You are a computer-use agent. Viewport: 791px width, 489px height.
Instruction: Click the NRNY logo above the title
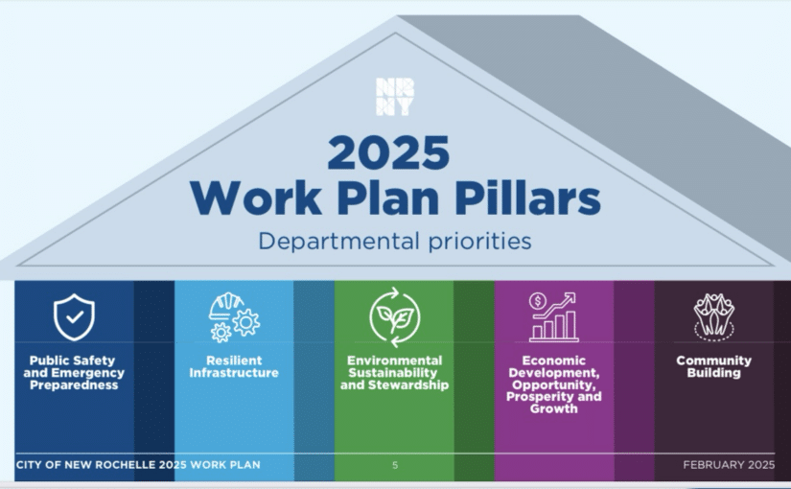[x=395, y=97]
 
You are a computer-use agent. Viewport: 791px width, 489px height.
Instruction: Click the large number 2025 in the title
[x=388, y=152]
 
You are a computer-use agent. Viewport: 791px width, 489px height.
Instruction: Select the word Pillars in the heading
[x=527, y=198]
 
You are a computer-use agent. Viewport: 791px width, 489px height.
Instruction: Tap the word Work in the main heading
[x=256, y=198]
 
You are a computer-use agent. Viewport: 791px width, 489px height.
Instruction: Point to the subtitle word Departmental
[x=339, y=242]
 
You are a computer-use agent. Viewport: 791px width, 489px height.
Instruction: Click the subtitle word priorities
[x=480, y=242]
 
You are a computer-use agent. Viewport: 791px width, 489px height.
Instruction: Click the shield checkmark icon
[x=74, y=317]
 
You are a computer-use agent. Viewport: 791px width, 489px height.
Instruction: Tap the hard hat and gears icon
[x=235, y=317]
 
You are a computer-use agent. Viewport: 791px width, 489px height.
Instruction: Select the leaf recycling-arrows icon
[x=394, y=317]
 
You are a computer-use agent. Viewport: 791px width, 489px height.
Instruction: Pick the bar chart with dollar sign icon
[x=554, y=317]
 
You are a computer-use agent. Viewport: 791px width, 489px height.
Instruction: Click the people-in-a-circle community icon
[x=713, y=317]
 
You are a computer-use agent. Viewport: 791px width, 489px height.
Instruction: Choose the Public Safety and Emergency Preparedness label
[x=74, y=373]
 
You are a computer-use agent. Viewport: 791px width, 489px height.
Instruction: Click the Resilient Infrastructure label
[x=234, y=367]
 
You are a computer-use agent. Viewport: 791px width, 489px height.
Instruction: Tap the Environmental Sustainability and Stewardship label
[x=394, y=373]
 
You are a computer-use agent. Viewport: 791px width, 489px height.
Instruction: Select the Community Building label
[x=713, y=367]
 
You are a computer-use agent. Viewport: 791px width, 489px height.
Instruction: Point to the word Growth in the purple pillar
[x=554, y=408]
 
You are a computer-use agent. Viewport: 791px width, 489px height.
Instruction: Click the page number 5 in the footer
[x=395, y=465]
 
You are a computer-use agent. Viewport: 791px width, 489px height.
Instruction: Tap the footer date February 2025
[x=729, y=465]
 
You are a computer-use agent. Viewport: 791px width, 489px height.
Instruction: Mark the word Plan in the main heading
[x=388, y=198]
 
